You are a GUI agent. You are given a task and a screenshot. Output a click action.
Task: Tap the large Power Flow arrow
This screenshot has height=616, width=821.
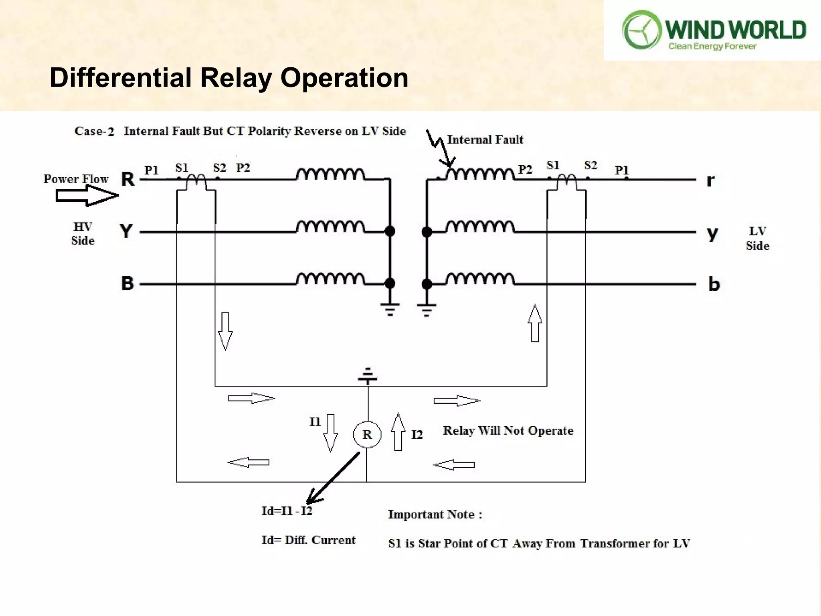click(87, 196)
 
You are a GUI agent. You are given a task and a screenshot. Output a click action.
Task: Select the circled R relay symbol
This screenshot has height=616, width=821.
click(367, 434)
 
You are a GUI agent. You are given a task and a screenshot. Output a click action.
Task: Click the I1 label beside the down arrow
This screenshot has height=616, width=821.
click(315, 422)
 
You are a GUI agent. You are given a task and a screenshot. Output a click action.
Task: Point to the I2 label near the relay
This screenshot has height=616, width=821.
click(417, 435)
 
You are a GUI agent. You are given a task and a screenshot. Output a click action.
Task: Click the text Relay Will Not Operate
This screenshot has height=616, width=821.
click(508, 431)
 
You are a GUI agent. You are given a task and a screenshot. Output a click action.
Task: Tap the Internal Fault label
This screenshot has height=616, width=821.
click(485, 140)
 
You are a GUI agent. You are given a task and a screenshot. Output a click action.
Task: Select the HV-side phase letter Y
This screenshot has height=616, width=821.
click(126, 231)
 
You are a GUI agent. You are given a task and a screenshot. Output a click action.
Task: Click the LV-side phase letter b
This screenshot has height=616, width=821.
click(714, 284)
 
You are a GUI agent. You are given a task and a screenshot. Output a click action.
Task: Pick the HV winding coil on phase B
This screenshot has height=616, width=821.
click(330, 278)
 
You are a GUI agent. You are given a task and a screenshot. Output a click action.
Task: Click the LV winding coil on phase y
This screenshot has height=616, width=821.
click(480, 227)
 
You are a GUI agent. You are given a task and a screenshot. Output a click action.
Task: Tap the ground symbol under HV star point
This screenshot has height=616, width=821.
click(390, 309)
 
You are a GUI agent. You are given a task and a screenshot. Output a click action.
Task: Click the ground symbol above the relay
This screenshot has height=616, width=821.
click(368, 375)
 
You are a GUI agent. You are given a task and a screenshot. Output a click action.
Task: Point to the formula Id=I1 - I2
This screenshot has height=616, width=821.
click(287, 511)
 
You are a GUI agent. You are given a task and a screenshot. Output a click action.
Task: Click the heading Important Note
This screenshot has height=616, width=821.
click(435, 515)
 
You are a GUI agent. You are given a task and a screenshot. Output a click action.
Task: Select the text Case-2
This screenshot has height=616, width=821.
click(94, 131)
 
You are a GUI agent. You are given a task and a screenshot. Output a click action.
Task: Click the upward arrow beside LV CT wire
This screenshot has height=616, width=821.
click(535, 323)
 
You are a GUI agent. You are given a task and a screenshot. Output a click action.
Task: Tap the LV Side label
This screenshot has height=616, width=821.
click(757, 238)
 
